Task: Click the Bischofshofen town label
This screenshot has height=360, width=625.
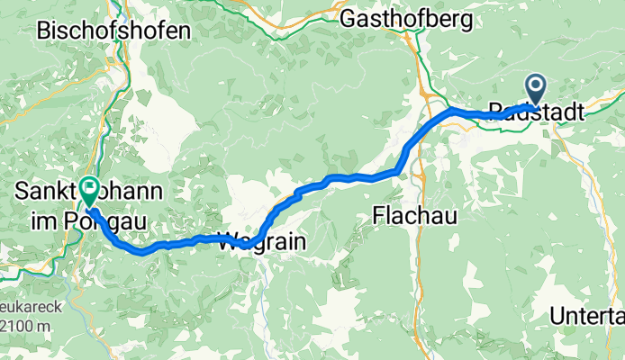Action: tap(113, 31)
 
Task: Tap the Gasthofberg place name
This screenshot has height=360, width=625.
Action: tap(403, 16)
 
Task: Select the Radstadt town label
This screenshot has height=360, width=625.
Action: tap(535, 112)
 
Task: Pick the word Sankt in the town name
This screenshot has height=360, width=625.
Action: tap(48, 192)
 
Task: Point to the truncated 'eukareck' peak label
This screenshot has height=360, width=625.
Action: tap(31, 306)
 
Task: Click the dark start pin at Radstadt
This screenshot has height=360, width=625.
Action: tap(536, 90)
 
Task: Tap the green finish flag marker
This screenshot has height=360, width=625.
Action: tap(90, 190)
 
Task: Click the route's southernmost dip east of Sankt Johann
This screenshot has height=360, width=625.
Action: tap(141, 253)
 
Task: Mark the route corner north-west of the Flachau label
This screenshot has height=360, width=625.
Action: tap(397, 169)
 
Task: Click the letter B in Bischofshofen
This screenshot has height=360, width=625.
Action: tap(44, 31)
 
